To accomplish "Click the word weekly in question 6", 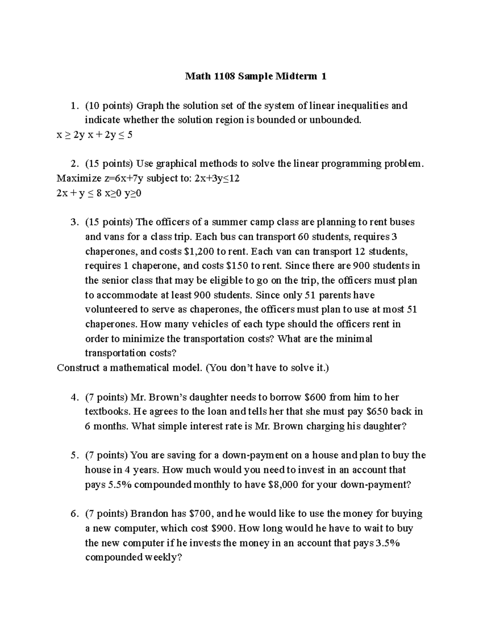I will click(160, 558).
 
